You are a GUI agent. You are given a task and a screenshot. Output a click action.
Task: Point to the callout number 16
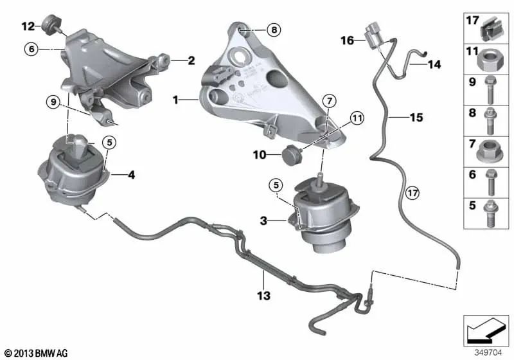pos(348,40)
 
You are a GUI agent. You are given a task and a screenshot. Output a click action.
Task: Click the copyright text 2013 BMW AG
pos(37,353)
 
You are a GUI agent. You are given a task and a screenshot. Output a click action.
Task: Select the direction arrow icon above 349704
pos(486,330)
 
